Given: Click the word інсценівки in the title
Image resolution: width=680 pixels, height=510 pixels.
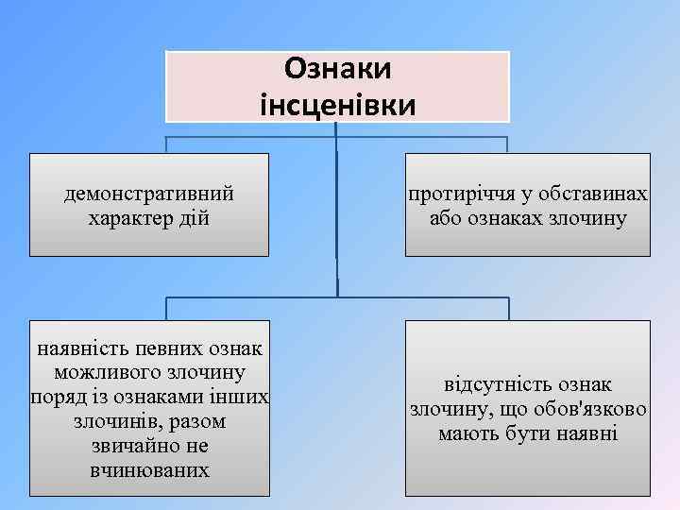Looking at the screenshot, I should click(x=337, y=103).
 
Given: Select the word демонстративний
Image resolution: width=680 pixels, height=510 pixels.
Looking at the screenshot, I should click(x=149, y=195).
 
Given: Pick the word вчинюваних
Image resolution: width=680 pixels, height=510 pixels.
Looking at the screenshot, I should click(x=149, y=469).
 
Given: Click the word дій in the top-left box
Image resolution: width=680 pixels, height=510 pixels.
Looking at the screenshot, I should click(x=197, y=219).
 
